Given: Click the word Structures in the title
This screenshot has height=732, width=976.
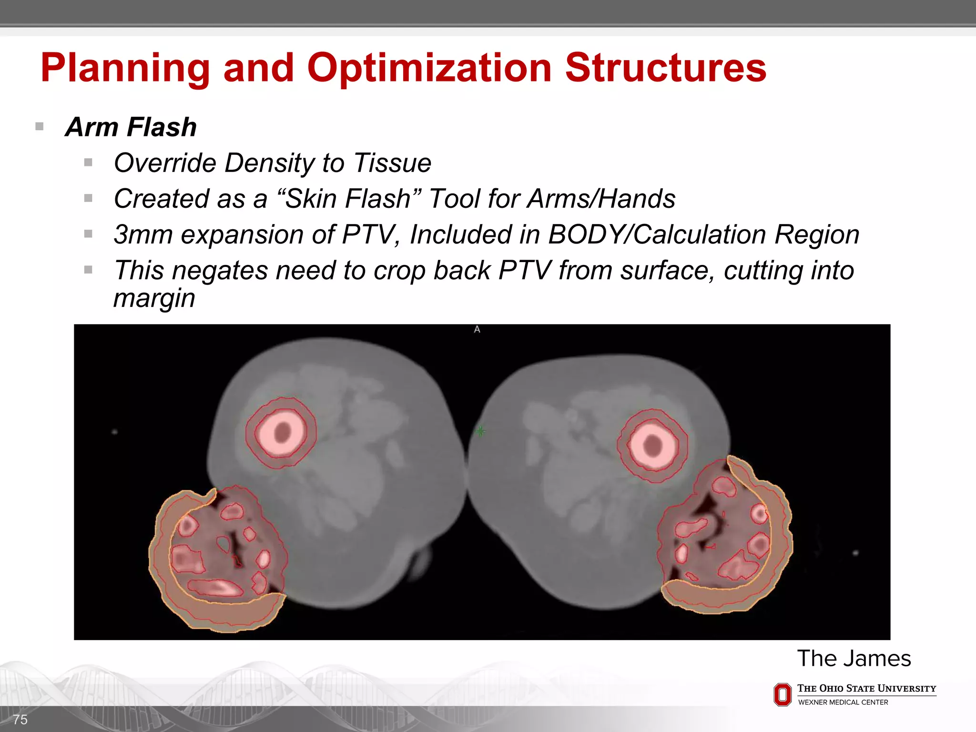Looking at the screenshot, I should click(665, 68).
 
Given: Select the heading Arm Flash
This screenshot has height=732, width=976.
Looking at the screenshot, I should click(131, 127).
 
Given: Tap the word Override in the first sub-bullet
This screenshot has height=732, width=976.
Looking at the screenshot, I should click(165, 163).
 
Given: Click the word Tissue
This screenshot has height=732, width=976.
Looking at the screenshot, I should click(392, 163).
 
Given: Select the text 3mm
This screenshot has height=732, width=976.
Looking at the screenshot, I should click(143, 234).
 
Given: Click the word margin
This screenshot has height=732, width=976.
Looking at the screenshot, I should click(154, 298).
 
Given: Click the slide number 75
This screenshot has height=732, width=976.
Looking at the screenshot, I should click(20, 719).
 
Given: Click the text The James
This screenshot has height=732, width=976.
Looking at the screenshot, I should click(854, 659).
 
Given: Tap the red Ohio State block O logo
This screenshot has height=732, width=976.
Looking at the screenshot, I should click(782, 694).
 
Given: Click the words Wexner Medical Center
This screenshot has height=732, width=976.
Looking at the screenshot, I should click(843, 702).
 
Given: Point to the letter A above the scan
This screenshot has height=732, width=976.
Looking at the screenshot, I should click(477, 329).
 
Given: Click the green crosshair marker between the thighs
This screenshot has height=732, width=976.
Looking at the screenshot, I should click(480, 431).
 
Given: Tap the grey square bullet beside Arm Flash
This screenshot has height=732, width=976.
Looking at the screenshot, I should click(40, 127).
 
